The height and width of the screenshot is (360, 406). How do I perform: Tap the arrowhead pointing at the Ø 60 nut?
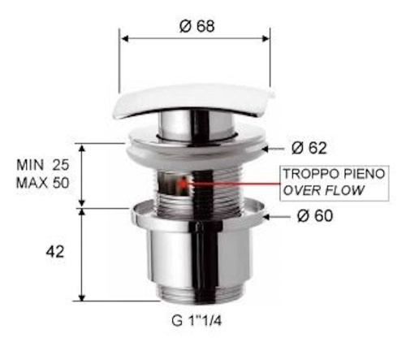pyautogui.click(x=274, y=215)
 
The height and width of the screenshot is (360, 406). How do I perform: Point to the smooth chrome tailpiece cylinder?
pyautogui.click(x=198, y=256)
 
